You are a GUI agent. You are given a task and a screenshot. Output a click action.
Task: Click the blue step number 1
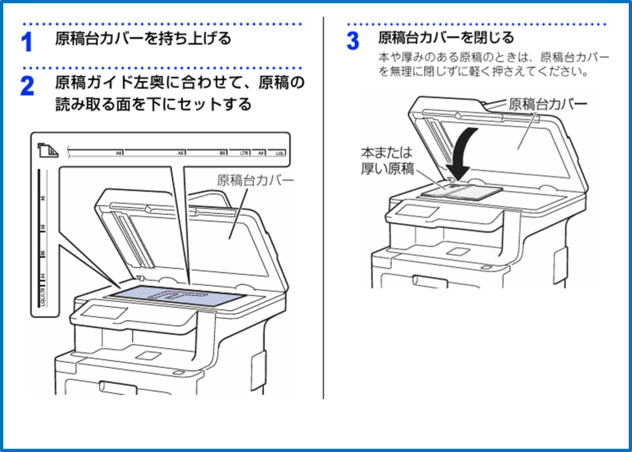click(x=27, y=43)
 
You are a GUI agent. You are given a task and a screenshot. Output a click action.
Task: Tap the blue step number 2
click(x=27, y=86)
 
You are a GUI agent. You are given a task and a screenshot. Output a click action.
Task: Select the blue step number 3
click(x=352, y=41)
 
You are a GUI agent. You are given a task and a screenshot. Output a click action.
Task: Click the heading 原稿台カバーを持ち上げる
click(x=143, y=38)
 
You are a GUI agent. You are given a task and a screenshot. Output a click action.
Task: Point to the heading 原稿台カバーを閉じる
click(x=446, y=38)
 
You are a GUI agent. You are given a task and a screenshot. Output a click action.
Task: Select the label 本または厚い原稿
click(x=388, y=161)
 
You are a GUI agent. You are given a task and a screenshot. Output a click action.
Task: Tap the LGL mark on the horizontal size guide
click(x=279, y=151)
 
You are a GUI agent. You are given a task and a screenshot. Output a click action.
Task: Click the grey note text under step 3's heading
click(x=494, y=64)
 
